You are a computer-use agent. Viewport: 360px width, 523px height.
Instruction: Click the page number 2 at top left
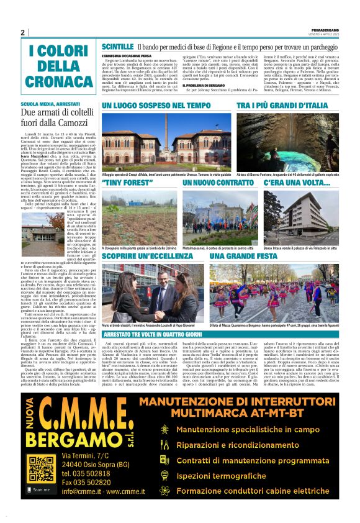pyautogui.click(x=23, y=32)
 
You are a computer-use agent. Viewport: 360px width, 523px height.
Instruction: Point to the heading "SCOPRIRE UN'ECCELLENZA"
pyautogui.click(x=146, y=257)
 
